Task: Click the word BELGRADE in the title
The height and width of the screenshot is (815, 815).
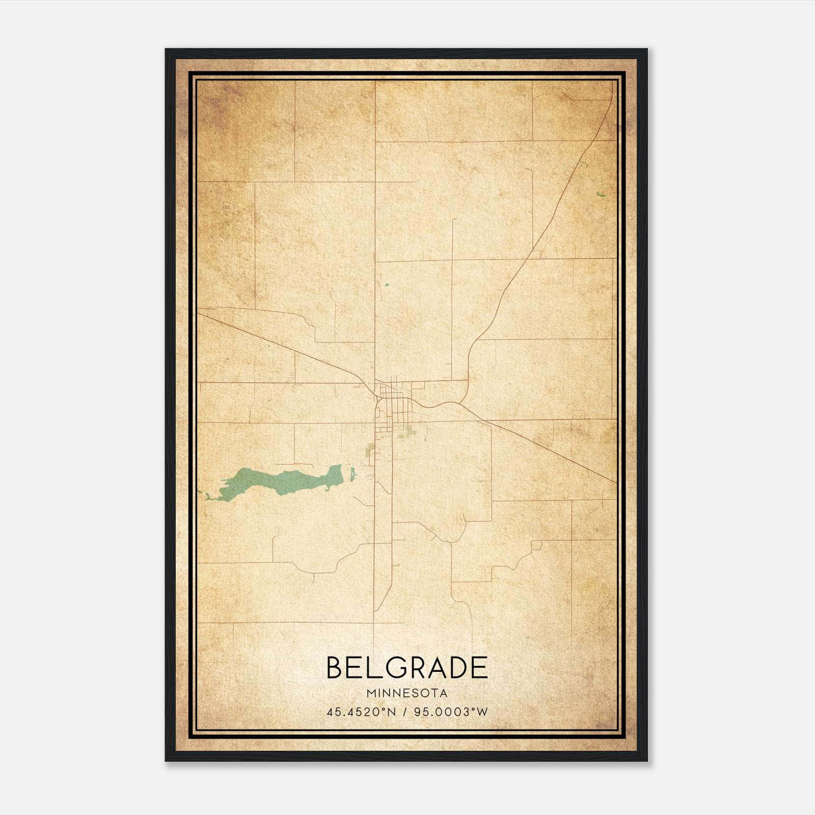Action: coord(406,668)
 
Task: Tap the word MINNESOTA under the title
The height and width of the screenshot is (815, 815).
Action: coord(406,693)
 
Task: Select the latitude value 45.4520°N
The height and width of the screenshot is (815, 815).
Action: coord(361,712)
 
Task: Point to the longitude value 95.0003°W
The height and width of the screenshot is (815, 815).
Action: coord(451,712)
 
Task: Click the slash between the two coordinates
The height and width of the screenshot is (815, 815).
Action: coord(405,712)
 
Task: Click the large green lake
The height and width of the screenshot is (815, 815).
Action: coord(285,480)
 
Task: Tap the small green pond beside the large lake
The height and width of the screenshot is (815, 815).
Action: coord(352,475)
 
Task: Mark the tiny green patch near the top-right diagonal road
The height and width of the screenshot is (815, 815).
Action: coord(600,194)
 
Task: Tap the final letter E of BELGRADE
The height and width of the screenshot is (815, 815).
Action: coord(479,668)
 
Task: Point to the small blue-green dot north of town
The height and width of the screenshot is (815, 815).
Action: coord(387,285)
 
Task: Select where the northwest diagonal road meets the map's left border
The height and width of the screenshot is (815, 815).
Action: coord(199,314)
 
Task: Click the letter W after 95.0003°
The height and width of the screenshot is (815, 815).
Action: coord(482,712)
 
